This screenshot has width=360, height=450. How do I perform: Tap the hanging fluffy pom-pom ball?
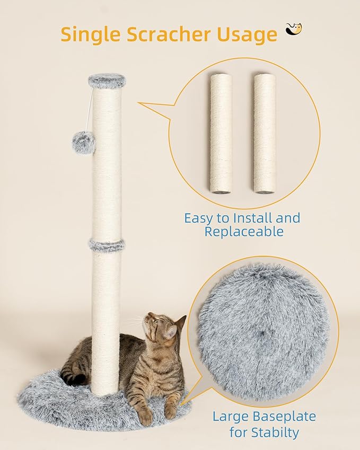coord(83,142)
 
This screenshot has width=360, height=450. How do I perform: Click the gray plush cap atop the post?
coord(107,81)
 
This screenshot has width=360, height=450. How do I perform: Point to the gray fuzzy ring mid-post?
coord(107,245)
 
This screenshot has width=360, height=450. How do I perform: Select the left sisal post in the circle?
coord(221,133)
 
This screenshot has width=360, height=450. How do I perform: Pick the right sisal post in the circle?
coord(264,133)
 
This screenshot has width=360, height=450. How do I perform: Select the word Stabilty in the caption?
coord(276,433)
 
